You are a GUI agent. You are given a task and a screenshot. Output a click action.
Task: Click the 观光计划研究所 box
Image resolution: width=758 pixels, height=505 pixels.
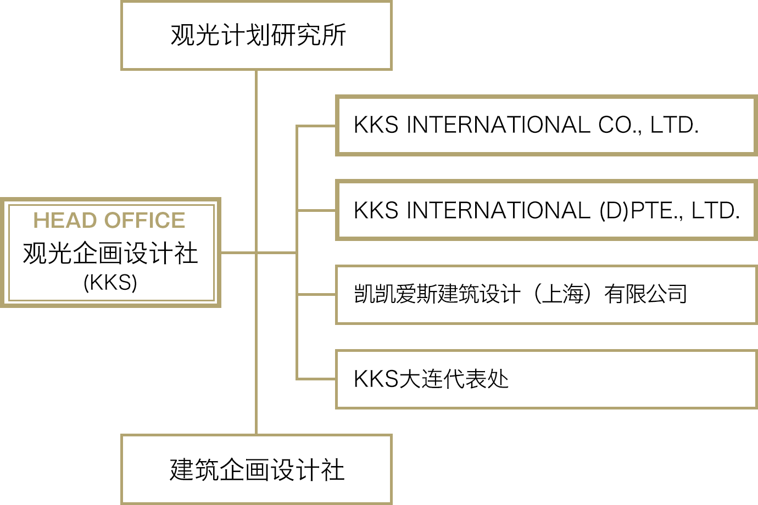[x=256, y=35]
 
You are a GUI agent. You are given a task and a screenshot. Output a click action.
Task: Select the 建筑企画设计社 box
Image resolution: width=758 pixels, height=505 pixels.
[x=256, y=470]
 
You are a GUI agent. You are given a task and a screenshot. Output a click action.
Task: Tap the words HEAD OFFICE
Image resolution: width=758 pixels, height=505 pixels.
[x=109, y=220]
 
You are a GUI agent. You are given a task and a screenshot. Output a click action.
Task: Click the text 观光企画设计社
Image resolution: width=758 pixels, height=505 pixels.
[x=110, y=253]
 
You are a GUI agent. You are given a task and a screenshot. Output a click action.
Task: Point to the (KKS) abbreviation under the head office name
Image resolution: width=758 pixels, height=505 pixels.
[x=110, y=282]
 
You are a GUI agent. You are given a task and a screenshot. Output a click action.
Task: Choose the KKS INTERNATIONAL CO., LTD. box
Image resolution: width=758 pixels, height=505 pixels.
[x=546, y=126]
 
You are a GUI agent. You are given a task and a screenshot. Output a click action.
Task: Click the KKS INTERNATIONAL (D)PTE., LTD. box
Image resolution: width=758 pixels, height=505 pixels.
[x=546, y=210]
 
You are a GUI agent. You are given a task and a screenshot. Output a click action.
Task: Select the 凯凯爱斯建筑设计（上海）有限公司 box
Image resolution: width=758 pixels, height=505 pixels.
[x=546, y=294]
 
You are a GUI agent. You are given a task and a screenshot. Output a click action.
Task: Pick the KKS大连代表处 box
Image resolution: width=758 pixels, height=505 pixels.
[x=546, y=379]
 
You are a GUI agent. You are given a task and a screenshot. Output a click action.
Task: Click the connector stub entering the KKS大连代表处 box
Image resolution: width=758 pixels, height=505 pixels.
[x=316, y=379]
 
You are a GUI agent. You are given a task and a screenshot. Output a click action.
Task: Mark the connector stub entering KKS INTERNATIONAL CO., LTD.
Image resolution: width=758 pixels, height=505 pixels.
[x=316, y=126]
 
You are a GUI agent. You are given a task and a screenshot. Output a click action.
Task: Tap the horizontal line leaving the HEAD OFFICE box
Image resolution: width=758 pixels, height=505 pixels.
[x=238, y=252]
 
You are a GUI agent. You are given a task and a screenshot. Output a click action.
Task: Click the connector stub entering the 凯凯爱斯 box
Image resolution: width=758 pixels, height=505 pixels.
[x=316, y=295]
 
